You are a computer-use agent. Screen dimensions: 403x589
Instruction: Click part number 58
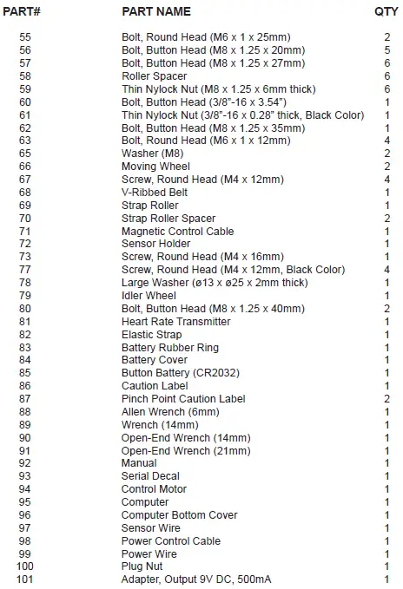click(x=24, y=76)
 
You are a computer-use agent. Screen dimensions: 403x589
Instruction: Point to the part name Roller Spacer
click(x=155, y=76)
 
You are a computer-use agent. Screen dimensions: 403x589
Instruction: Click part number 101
click(x=24, y=579)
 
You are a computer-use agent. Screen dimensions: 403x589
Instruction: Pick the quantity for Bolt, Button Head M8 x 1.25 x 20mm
click(x=386, y=50)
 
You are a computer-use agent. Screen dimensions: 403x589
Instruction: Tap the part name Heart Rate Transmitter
click(x=176, y=322)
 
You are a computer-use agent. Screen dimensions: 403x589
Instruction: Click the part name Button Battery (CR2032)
click(x=181, y=373)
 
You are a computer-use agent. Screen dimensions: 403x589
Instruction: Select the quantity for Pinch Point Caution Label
click(x=386, y=399)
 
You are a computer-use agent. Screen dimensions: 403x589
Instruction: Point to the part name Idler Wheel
click(x=150, y=296)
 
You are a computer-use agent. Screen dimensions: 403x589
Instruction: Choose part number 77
click(x=24, y=270)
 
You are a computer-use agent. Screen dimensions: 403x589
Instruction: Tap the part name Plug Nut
click(x=143, y=566)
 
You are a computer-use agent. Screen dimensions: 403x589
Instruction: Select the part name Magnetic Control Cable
click(x=178, y=232)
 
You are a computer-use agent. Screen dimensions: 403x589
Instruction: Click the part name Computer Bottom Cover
click(x=180, y=515)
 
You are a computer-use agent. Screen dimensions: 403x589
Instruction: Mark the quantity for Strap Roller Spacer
click(x=386, y=219)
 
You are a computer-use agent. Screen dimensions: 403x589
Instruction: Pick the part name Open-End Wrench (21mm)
click(x=186, y=451)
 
